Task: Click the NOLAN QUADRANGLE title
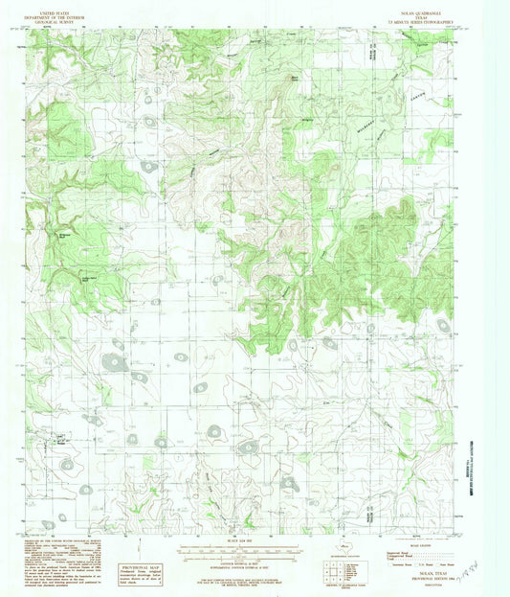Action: click(x=432, y=9)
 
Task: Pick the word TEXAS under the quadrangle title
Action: click(x=432, y=13)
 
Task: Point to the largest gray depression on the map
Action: click(x=116, y=362)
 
